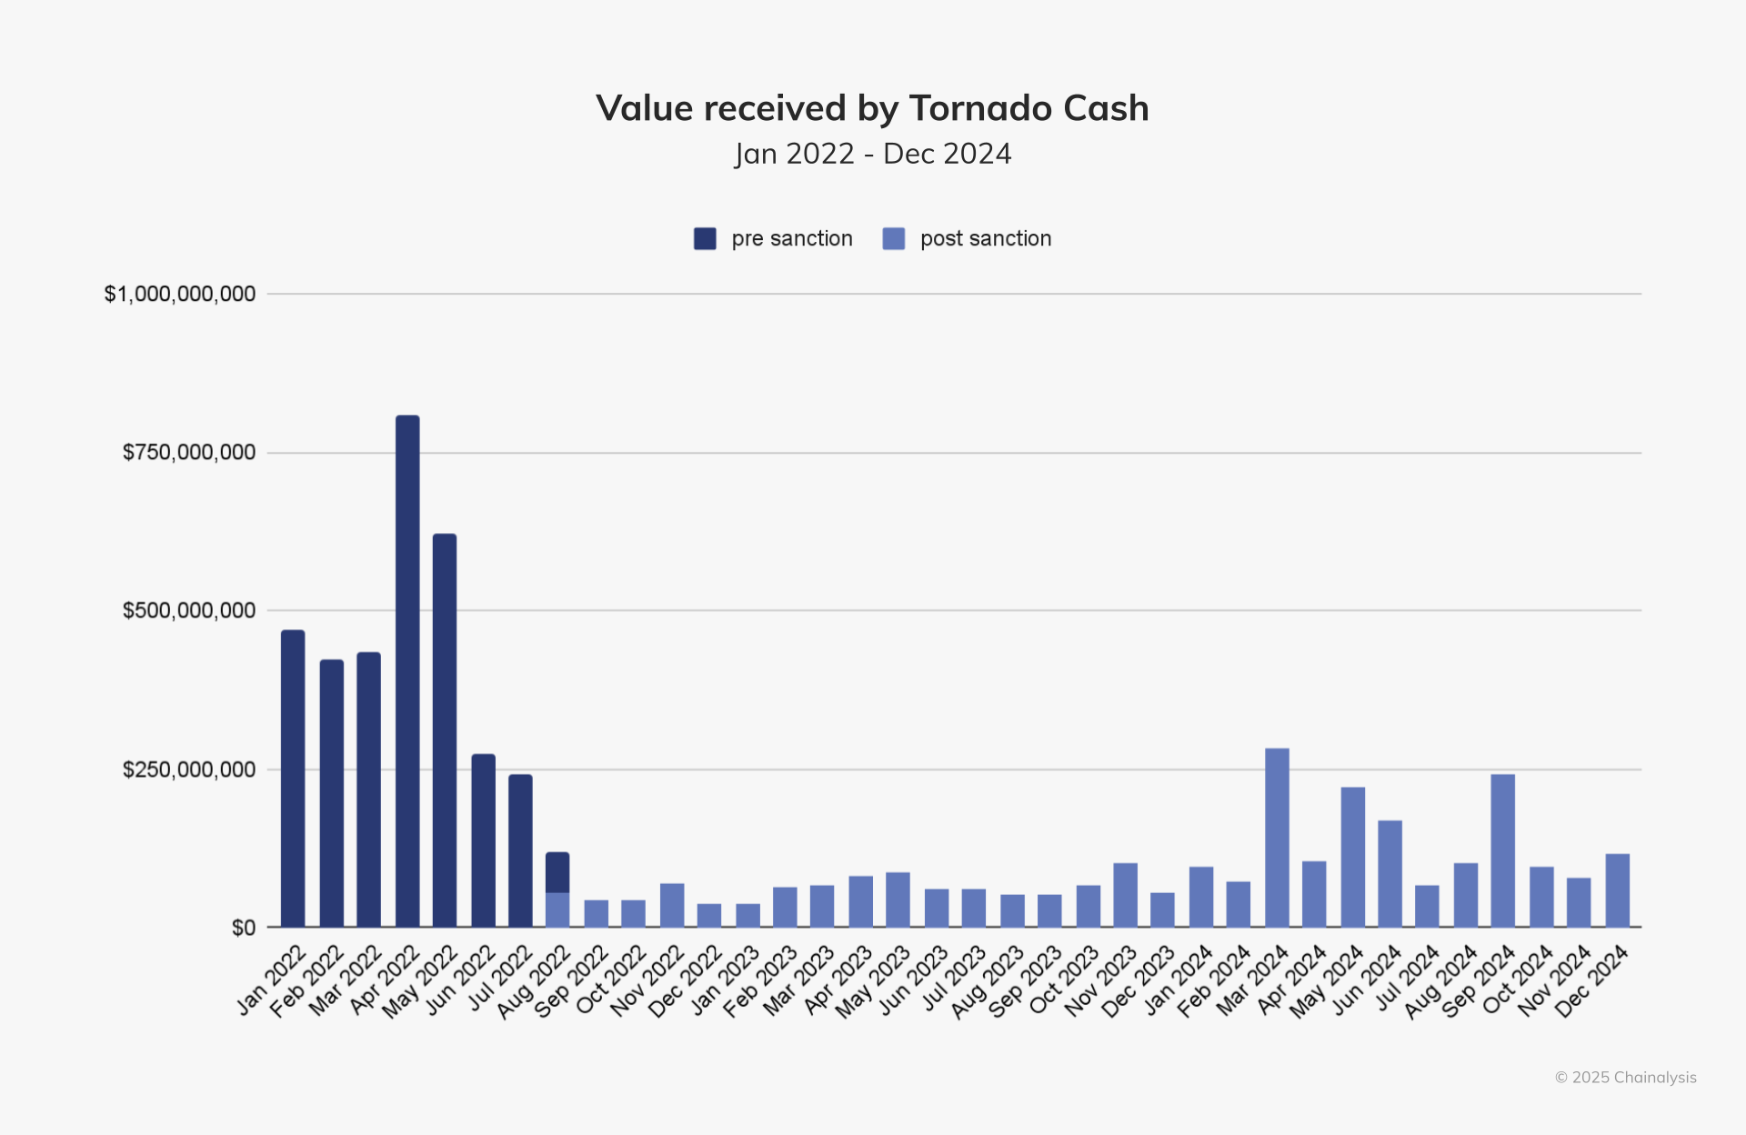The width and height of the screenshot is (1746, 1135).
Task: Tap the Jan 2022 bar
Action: coord(293,778)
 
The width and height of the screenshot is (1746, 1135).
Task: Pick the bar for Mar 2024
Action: coord(1277,838)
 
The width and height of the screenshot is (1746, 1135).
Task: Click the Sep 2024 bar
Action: coord(1503,850)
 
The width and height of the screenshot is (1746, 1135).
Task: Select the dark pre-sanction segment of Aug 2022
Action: coord(557,872)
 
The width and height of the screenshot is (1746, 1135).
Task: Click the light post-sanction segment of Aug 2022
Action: coord(557,909)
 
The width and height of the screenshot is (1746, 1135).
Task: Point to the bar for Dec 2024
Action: coord(1618,890)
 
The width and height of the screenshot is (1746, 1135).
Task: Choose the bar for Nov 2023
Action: coord(1126,895)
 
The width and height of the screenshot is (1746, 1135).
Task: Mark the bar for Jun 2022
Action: coord(484,840)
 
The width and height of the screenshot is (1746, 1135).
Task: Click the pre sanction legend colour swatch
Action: coord(705,238)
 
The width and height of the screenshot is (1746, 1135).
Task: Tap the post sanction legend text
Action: coord(986,238)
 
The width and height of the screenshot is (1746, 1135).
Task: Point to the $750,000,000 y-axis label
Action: coord(189,452)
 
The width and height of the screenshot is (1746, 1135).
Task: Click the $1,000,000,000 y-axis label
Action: coord(180,294)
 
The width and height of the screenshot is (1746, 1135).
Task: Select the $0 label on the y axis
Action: coord(244,928)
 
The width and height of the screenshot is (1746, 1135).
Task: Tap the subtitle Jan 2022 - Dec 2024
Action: coord(873,154)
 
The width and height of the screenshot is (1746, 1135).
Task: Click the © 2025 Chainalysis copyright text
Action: coord(1625,1078)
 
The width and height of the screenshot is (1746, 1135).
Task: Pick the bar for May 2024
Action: coord(1353,857)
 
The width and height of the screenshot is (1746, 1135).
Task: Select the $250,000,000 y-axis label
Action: coord(189,769)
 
